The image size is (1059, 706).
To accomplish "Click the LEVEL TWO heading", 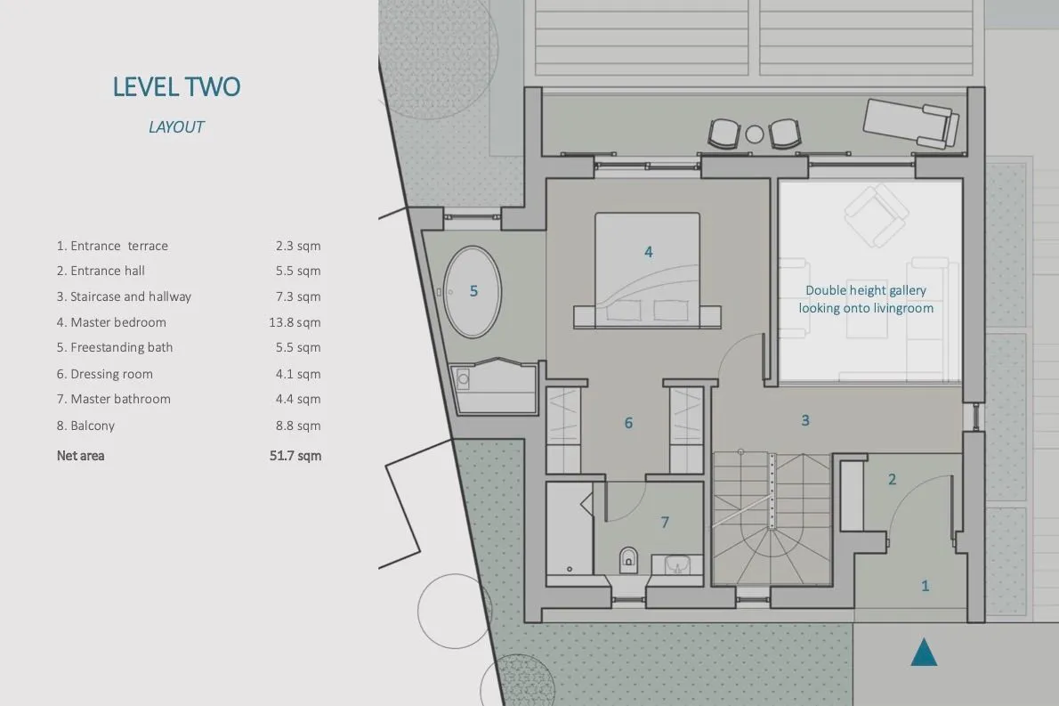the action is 176,86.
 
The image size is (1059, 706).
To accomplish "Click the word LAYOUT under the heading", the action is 176,127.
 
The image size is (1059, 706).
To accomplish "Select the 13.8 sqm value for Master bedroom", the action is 295,322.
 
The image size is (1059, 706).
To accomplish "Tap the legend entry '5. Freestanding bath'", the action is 115,347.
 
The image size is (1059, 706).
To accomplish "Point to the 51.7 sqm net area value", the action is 295,455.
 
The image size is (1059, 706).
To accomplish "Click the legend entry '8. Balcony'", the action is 85,426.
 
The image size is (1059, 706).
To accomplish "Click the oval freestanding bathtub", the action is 472,291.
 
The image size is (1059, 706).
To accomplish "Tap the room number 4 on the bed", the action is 649,252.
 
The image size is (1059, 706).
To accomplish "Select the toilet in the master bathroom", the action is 628,559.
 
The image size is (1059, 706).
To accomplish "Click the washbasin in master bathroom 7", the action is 676,564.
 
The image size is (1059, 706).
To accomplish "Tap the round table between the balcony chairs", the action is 755,134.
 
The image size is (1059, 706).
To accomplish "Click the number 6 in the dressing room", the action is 628,423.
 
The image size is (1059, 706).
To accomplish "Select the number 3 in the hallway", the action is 805,420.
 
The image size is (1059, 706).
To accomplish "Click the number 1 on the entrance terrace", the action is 926,586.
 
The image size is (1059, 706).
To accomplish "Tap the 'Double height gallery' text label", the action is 866,290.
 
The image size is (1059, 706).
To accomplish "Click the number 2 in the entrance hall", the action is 893,479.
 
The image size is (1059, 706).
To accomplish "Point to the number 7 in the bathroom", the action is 665,523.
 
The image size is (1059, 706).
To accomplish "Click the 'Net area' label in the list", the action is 80,455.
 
